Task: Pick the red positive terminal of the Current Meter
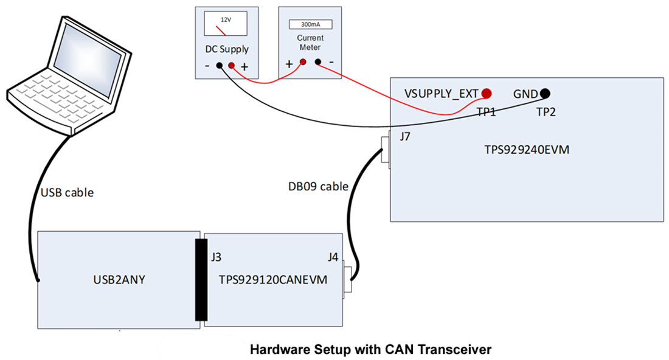pos(302,61)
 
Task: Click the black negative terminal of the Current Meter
pos(317,61)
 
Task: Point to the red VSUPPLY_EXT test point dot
pos(487,93)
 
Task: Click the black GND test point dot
pos(545,93)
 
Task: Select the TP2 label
pos(546,112)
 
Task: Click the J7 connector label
pos(406,137)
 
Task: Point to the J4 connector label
pos(333,257)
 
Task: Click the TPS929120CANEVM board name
pos(273,280)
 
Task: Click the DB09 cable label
pos(317,186)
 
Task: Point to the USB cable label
pos(67,192)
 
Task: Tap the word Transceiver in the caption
pos(457,350)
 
